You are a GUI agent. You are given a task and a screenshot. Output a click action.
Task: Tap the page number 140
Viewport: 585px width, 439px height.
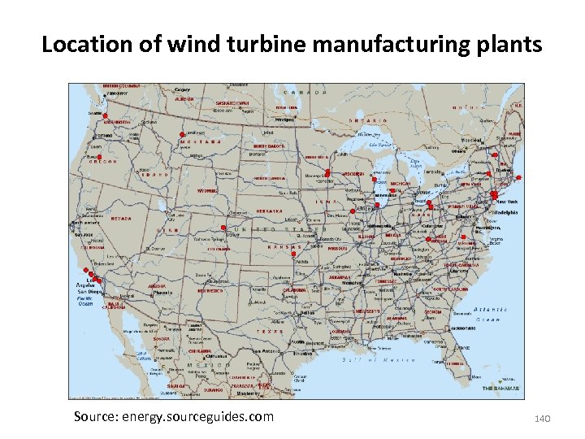pos(543,418)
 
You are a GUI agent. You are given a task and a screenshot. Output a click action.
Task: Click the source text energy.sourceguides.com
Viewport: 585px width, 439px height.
pos(173,417)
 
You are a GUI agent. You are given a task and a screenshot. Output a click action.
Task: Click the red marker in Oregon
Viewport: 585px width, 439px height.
pos(99,157)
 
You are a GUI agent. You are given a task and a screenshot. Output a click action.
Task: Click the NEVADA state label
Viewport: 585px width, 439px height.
pos(121,218)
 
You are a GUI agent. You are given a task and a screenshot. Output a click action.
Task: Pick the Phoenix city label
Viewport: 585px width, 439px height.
pos(163,292)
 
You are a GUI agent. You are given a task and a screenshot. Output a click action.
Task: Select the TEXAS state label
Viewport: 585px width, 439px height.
pos(267,332)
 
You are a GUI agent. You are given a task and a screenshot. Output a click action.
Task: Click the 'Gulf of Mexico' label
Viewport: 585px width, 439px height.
pos(366,359)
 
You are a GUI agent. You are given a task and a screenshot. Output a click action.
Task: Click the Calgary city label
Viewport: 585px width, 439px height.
pos(182,89)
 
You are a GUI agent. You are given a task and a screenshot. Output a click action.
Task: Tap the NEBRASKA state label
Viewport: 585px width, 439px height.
pos(269,211)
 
